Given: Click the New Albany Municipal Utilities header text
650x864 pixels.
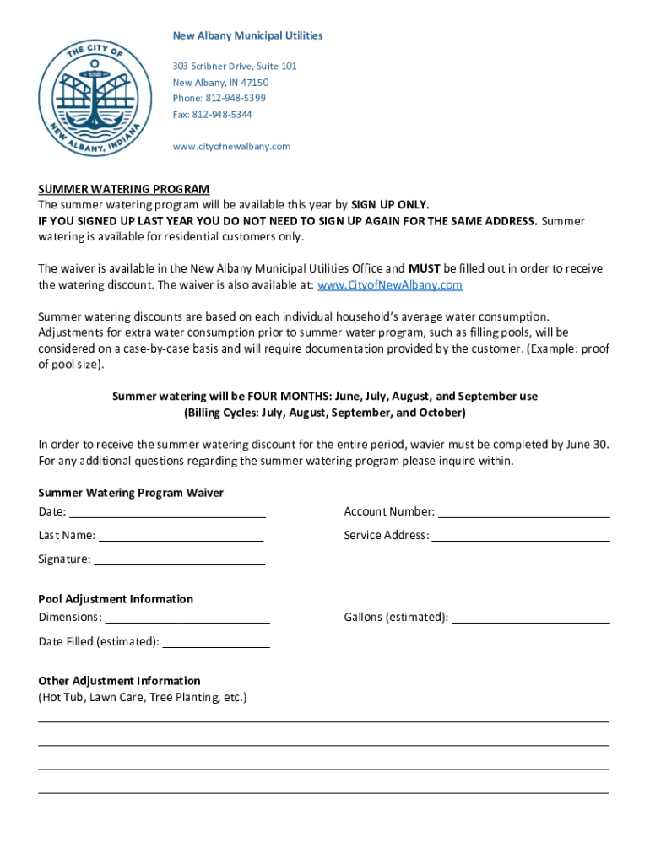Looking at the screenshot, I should pos(247,35).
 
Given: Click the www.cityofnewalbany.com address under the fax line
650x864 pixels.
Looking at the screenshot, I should pos(231,146).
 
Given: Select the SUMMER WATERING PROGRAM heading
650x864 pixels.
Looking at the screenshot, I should pos(123,189).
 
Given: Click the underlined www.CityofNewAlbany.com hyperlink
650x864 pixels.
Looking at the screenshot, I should pos(389,285).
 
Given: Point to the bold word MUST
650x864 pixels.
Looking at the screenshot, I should pos(425,269).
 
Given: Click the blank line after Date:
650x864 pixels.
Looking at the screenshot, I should pos(167,511).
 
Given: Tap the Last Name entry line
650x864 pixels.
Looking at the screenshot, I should pos(181,535).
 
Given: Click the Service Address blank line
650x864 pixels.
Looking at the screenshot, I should pos(521,535).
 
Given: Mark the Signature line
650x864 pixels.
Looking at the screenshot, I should pos(179,559).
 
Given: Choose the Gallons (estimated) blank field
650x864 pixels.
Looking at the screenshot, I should pos(531,617).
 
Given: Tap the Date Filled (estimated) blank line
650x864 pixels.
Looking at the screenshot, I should pos(216,641).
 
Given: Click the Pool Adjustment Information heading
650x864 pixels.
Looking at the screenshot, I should pos(116,599).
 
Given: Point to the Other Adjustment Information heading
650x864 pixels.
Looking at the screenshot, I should pos(119,681).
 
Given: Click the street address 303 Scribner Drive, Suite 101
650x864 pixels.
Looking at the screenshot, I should pos(235,66).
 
